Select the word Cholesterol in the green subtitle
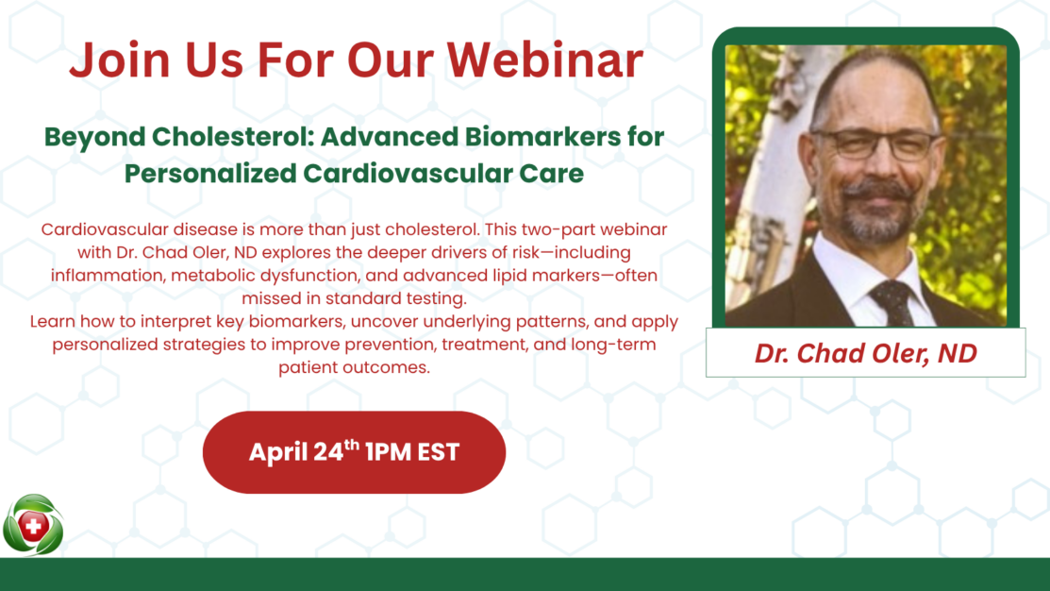(233, 137)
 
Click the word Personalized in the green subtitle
(210, 174)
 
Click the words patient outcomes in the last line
(354, 367)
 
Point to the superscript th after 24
(352, 445)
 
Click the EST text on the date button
(439, 452)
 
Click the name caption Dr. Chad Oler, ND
(866, 353)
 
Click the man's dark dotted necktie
(892, 302)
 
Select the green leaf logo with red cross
(33, 525)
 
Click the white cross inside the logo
(33, 526)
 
